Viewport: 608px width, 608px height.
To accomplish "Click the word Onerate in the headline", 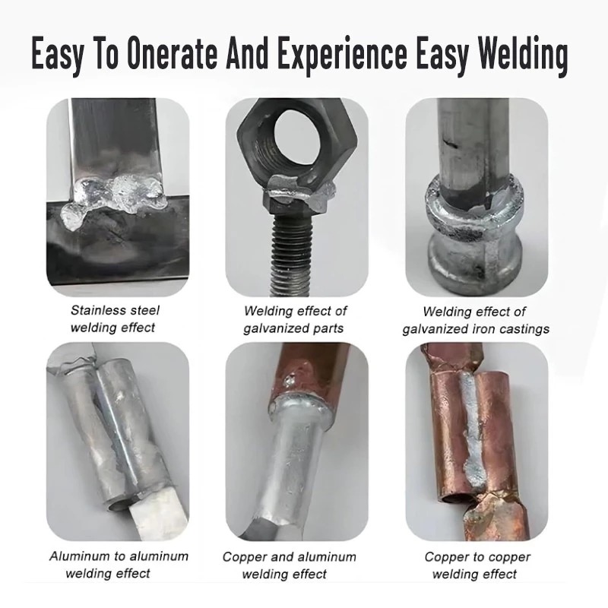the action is coord(172,54).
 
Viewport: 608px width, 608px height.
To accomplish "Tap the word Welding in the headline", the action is coord(522,55).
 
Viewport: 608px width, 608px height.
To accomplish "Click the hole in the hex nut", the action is coord(298,138).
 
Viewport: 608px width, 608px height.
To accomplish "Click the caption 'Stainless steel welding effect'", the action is coord(115,319).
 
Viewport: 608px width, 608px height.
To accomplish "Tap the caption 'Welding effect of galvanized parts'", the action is coord(294,319).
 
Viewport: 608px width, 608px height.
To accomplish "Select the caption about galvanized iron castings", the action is coord(476,320).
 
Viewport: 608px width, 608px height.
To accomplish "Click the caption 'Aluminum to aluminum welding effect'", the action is coord(119,565).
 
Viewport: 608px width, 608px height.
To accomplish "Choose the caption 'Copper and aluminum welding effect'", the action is coord(289,565).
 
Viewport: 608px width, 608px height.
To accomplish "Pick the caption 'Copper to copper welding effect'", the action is coord(477,565).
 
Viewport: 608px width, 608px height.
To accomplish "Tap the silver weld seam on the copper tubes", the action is coord(470,430).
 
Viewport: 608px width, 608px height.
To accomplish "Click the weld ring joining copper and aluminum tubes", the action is coord(301,409).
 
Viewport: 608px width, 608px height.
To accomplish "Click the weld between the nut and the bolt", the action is coord(299,192).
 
